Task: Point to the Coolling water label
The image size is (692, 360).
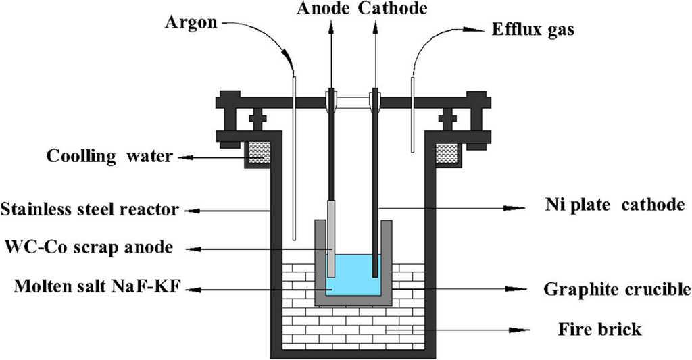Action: point(109,157)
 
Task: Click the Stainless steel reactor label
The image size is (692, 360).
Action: point(90,209)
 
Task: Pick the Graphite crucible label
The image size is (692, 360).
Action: point(617,290)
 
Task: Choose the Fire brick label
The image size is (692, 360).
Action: point(599,330)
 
